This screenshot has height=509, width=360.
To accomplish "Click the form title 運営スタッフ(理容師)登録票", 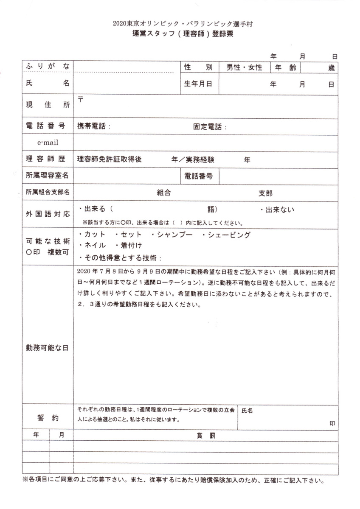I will [182, 35].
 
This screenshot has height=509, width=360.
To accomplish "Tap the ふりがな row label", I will [47, 67].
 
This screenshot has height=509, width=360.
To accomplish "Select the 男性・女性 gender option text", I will [244, 67].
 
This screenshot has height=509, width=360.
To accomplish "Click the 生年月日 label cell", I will [198, 84].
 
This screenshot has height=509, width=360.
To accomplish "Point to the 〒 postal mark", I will [80, 99].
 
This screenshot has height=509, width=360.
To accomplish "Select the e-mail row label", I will [48, 142].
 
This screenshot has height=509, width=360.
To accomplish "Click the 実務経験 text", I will [200, 159].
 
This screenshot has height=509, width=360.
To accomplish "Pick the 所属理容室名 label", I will [47, 175].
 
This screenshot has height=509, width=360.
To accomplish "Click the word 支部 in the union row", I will [265, 193].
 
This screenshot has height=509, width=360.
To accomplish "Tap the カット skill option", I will [94, 235].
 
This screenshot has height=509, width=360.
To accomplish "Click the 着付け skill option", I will [130, 245].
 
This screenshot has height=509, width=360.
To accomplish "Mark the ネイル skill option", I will [94, 245].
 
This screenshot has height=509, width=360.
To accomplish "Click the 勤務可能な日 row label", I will [47, 347].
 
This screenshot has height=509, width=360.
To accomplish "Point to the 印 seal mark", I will [332, 423].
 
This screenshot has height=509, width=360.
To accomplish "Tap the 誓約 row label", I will [47, 417].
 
